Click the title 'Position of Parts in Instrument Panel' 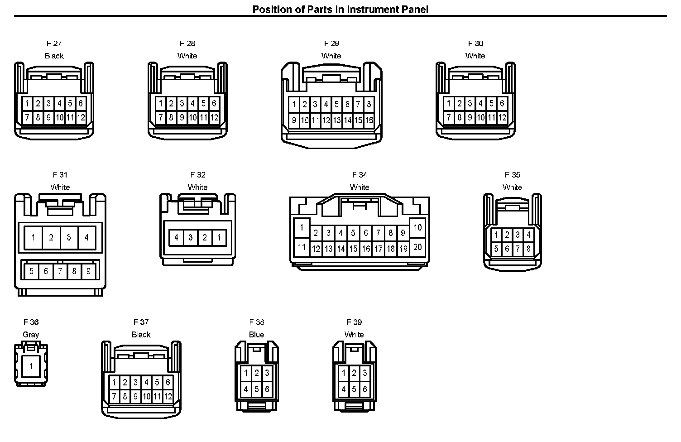340,9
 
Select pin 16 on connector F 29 369,120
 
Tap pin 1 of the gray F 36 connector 31,365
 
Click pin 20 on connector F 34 417,247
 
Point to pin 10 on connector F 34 417,227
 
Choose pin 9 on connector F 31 88,271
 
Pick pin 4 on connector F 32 176,237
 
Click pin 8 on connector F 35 528,249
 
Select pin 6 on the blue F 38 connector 267,389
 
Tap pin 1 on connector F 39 344,373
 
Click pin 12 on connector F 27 81,118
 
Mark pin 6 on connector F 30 502,104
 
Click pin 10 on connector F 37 146,397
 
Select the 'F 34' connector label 360,175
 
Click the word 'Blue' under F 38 256,335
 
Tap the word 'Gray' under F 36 31,335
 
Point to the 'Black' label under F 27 54,56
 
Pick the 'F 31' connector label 60,175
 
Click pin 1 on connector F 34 301,227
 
